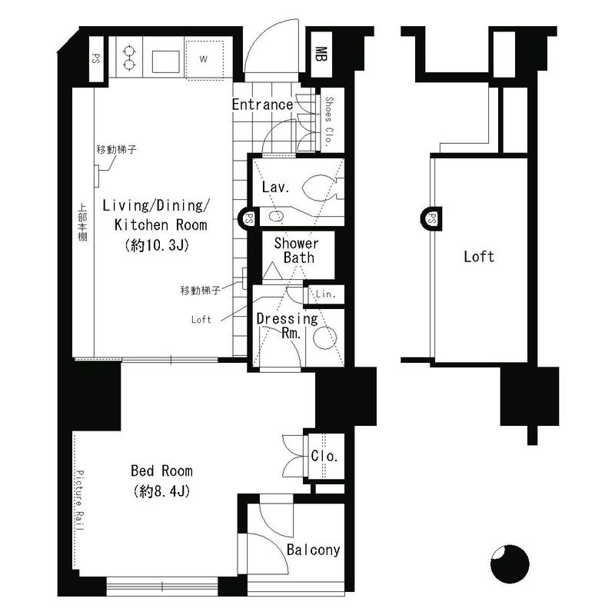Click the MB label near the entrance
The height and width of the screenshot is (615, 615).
[321, 54]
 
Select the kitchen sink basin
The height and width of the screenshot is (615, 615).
[166, 58]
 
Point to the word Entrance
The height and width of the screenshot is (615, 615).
[261, 105]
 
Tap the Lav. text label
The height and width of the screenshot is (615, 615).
[274, 187]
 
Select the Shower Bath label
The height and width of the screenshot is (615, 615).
[297, 251]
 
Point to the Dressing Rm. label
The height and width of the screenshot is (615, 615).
[286, 325]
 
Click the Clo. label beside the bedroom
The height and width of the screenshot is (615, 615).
[324, 457]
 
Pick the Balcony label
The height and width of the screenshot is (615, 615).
[313, 550]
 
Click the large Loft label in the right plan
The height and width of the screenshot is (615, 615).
[478, 257]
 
